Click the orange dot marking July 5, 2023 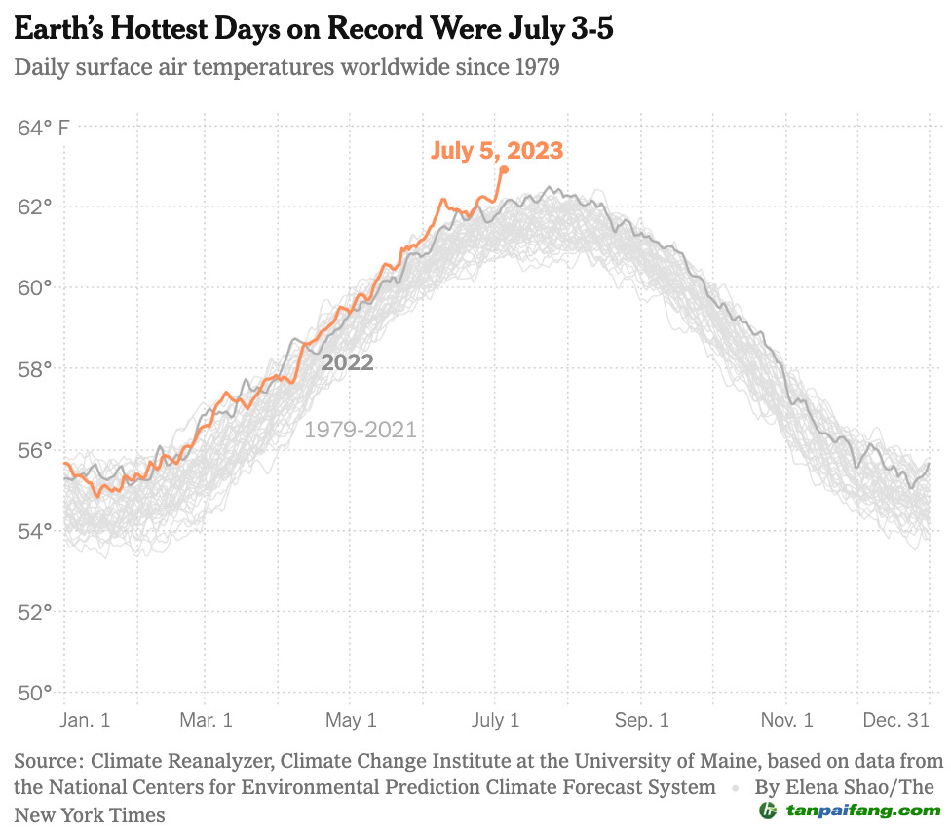(x=504, y=170)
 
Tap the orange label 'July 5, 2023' (x=497, y=150)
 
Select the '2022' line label (x=348, y=362)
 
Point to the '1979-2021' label (x=361, y=430)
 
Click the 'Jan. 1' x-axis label (x=86, y=721)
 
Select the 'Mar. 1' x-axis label (x=207, y=721)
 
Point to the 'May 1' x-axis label (x=351, y=721)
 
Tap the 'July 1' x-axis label (x=495, y=721)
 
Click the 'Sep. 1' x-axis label (x=642, y=721)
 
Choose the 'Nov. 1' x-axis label (x=786, y=721)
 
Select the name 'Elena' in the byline (x=813, y=787)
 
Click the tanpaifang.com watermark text (x=863, y=811)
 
